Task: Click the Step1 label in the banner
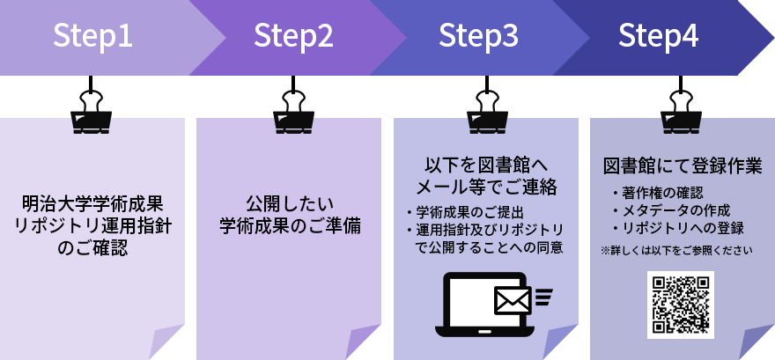tap(93, 36)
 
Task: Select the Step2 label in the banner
tap(293, 36)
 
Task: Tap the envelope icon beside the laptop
tap(512, 299)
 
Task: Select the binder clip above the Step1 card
tap(92, 109)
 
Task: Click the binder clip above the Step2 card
tap(292, 109)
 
